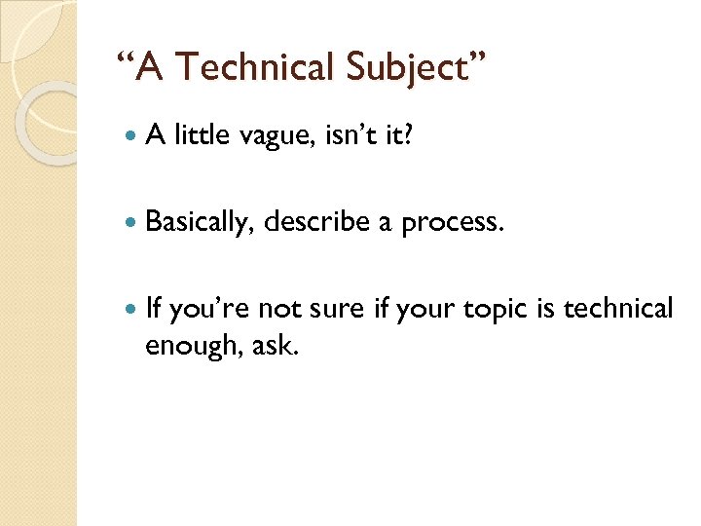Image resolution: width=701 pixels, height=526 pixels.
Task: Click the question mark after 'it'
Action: point(407,136)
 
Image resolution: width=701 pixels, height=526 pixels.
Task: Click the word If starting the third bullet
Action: point(153,309)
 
